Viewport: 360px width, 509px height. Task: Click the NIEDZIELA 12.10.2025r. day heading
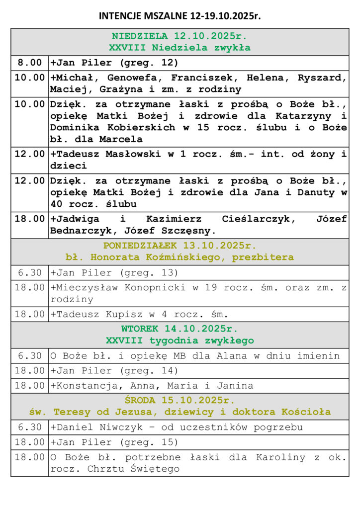180,36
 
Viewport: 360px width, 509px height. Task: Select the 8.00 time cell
30,63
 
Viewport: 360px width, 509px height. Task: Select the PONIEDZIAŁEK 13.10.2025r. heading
180,246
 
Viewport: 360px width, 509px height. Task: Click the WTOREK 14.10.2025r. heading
180,329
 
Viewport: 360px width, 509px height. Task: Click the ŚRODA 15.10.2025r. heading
180,401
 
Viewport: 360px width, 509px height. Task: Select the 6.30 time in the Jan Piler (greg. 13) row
30,272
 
